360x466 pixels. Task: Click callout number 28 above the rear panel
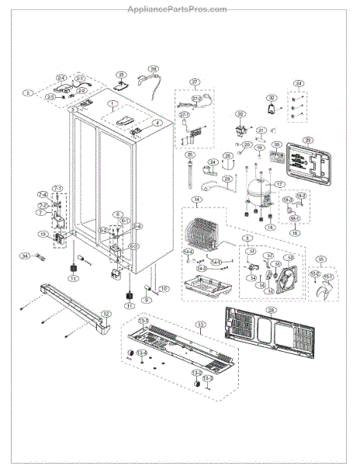(271, 309)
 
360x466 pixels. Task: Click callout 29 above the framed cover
(307, 139)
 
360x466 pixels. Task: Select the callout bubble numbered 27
(195, 82)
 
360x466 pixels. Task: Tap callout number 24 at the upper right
(298, 83)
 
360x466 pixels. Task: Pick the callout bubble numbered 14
(197, 200)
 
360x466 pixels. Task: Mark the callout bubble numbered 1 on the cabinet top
(112, 103)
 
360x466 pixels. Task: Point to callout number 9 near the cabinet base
(146, 299)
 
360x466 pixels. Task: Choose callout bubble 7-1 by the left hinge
(57, 187)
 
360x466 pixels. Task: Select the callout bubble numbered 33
(241, 114)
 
